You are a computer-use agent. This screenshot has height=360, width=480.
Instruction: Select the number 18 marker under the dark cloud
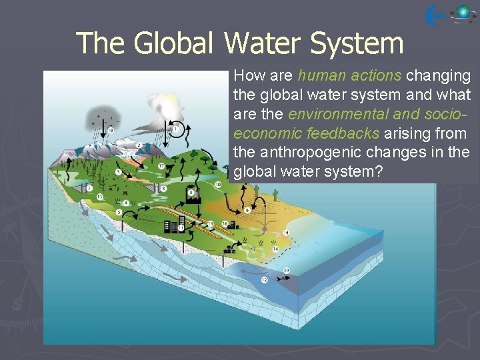click(111, 129)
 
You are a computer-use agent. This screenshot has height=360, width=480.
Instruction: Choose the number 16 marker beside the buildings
click(224, 223)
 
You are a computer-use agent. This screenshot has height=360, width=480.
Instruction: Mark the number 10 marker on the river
click(219, 184)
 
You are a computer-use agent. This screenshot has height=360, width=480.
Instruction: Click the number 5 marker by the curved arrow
click(119, 212)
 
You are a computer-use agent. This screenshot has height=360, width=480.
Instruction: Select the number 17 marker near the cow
click(161, 166)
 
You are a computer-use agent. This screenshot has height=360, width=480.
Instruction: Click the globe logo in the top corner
click(463, 14)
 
